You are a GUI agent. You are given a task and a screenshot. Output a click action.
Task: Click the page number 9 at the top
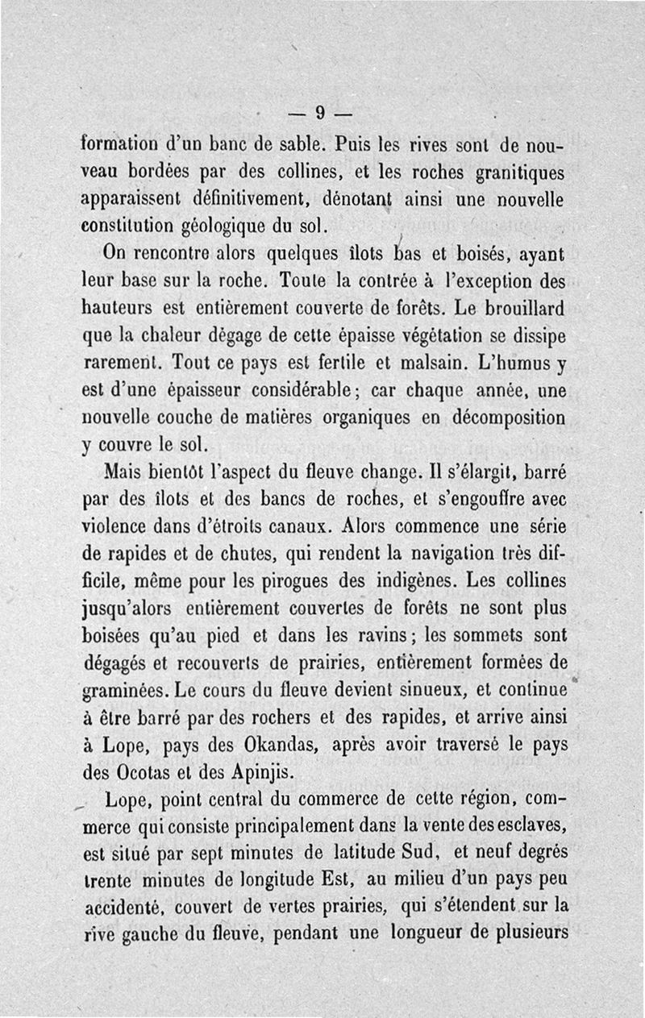[x=320, y=113]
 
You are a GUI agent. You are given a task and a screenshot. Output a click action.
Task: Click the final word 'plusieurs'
[x=528, y=932]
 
